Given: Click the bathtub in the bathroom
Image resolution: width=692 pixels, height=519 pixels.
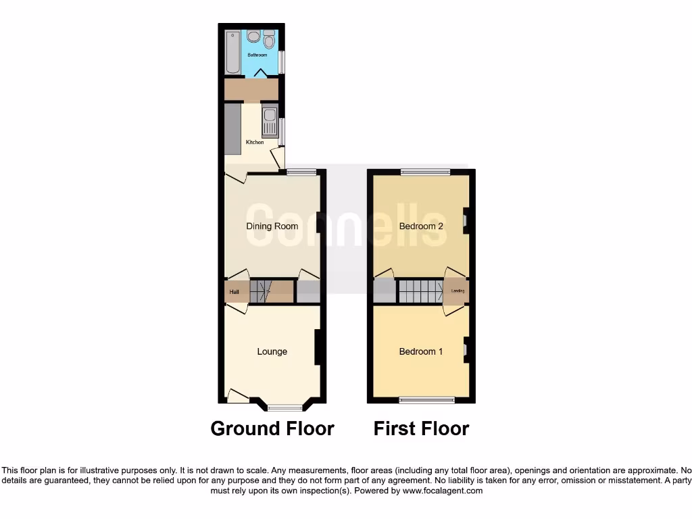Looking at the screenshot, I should (233, 52).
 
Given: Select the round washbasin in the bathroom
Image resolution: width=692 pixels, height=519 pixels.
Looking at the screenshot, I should (254, 37).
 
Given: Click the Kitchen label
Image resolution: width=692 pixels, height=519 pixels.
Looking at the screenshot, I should (255, 142).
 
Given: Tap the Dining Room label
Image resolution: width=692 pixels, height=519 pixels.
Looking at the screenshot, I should (272, 226).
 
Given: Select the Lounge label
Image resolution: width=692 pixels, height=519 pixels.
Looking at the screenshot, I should (272, 351).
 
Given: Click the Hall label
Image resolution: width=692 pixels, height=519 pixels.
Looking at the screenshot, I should (234, 292).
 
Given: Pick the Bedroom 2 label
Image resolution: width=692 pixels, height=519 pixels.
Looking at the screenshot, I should (421, 226).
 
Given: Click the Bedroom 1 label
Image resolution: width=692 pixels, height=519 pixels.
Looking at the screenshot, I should (421, 351).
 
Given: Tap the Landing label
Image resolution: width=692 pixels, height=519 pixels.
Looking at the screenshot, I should (458, 291).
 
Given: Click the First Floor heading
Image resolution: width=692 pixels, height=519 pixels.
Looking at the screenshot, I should (421, 428).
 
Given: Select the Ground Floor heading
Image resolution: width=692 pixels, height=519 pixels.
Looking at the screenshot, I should (272, 428).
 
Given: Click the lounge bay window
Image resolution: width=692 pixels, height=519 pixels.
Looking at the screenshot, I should (285, 407).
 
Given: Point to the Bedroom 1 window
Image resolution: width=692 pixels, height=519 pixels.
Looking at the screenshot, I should (426, 400).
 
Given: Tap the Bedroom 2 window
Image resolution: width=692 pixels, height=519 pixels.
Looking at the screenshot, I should (425, 172).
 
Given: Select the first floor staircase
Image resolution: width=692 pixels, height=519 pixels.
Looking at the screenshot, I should (420, 291).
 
